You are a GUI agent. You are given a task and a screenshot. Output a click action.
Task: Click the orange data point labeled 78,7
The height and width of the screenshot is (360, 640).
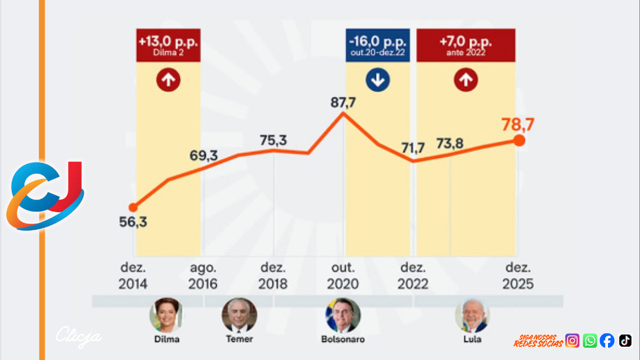tap(518, 140)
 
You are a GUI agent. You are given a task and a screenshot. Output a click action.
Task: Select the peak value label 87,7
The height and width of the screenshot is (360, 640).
tap(342, 102)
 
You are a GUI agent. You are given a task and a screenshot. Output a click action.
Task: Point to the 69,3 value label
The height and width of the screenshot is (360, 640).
tap(204, 156)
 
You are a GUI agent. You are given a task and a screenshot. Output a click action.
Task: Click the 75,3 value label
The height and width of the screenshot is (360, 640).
tap(273, 140)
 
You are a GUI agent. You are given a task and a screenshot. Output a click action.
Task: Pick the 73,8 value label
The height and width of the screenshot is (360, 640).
tap(450, 143)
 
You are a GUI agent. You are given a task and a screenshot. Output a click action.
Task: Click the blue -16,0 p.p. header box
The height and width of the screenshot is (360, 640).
tap(378, 45)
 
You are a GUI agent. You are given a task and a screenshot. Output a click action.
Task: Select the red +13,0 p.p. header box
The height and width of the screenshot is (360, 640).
tap(169, 45)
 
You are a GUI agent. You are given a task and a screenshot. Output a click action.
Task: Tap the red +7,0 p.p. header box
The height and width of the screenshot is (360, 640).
tap(466, 45)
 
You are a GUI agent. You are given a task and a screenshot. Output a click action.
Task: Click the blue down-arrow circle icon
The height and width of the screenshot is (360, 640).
tap(378, 80)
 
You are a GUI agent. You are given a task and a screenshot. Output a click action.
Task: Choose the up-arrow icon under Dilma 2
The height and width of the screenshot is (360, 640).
tap(169, 80)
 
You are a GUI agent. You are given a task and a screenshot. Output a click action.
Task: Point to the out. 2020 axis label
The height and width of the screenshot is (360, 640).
tap(343, 276)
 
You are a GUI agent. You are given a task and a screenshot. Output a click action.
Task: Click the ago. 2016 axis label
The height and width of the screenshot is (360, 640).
tap(203, 276)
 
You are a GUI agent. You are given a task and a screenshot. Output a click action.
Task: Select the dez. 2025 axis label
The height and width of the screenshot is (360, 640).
tap(517, 276)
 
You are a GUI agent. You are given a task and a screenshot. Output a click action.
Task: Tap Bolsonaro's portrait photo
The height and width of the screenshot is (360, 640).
tap(343, 315)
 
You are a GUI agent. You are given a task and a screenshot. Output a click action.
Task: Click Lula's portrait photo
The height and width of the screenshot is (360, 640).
tap(472, 315)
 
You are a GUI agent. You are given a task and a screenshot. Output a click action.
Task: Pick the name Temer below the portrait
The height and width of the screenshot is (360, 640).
tap(239, 339)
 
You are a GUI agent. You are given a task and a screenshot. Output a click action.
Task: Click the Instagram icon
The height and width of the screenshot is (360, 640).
tap(572, 340)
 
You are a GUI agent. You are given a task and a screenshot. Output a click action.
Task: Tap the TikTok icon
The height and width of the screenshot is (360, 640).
tap(625, 340)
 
